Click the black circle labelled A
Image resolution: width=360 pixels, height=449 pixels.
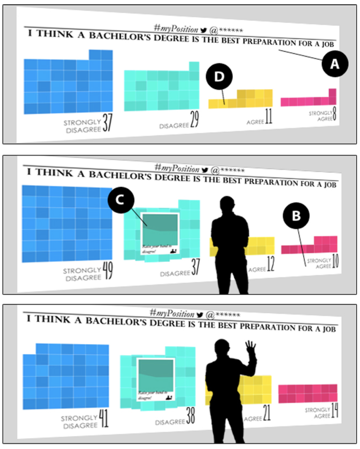335,64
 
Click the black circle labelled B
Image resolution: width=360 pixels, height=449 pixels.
296,216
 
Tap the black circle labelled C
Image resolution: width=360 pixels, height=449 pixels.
121,200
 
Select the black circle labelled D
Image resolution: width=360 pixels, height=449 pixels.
219,77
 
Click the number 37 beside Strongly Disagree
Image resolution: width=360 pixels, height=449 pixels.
107,123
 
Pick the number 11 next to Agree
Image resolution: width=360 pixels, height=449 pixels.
268,117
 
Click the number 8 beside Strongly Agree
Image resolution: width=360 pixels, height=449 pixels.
335,114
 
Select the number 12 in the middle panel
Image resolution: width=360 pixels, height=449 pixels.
271,264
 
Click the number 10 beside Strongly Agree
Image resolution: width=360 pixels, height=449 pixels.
335,261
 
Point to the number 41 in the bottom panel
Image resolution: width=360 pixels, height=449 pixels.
104,418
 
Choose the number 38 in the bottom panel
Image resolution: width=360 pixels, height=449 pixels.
191,416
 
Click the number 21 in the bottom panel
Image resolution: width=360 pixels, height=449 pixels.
267,413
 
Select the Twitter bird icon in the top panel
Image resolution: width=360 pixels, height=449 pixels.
204,30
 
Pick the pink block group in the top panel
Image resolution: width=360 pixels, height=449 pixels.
309,100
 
